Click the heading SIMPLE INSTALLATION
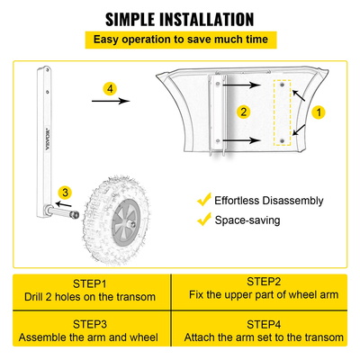(180, 18)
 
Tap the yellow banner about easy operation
(180, 40)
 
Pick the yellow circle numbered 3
(65, 192)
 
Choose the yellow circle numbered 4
(109, 89)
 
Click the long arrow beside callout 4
(109, 103)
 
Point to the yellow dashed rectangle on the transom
(283, 114)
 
